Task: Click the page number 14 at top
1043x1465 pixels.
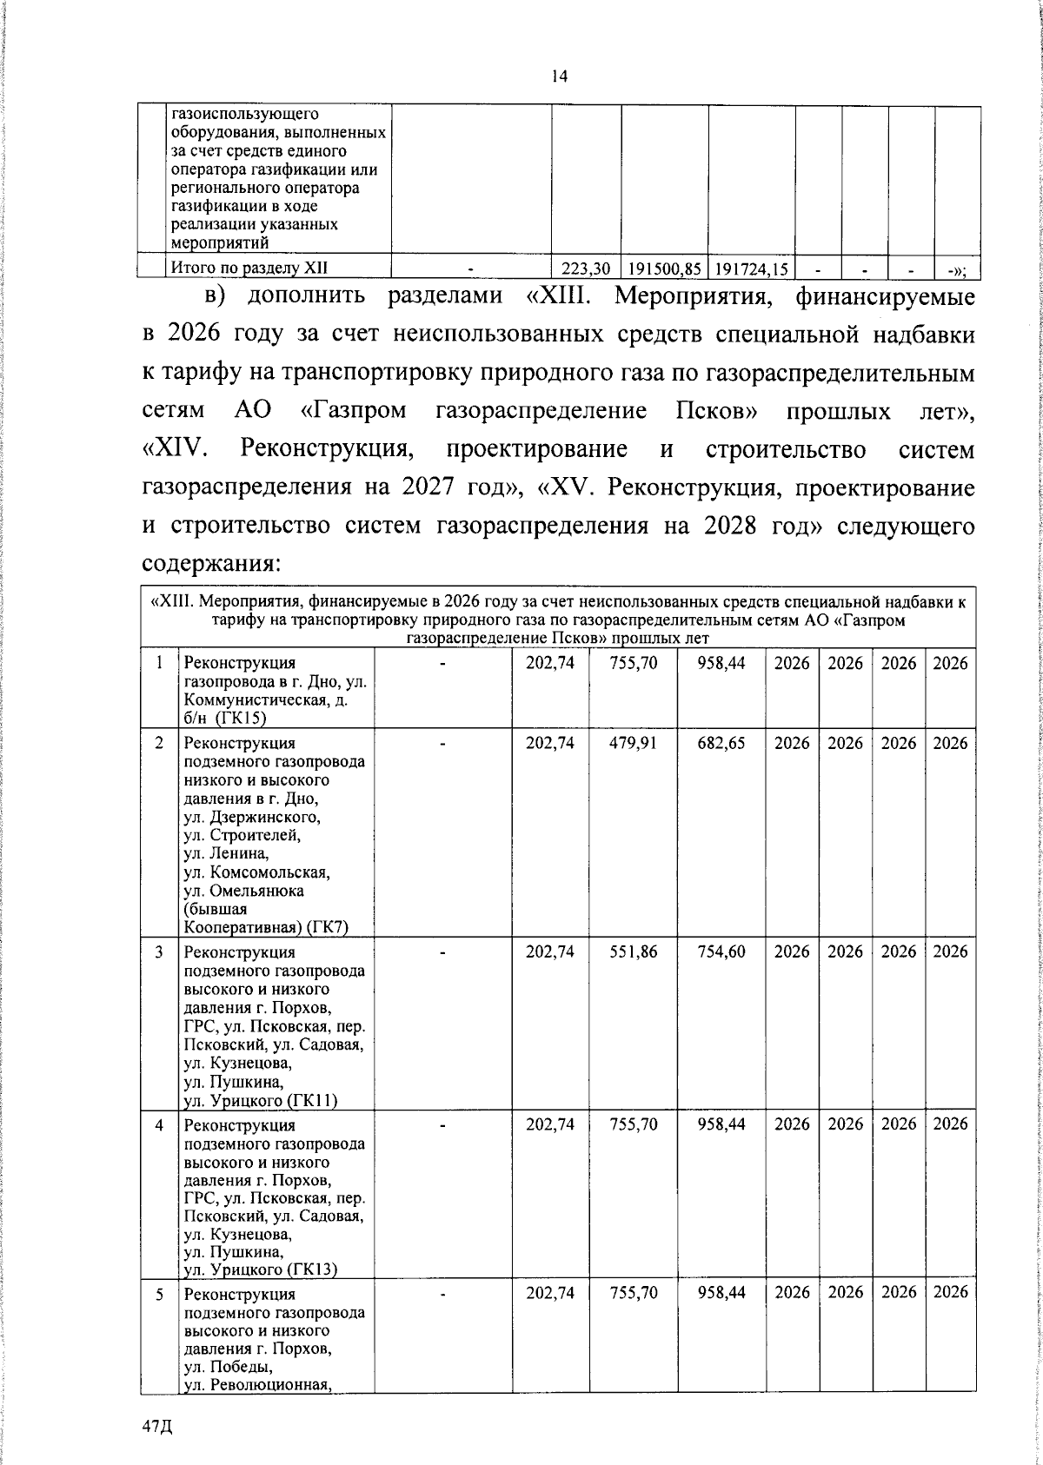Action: pyautogui.click(x=559, y=76)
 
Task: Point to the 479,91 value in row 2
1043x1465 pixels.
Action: pyautogui.click(x=633, y=743)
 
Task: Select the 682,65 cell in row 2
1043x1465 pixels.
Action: pyautogui.click(x=721, y=743)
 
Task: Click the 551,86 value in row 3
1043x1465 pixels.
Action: pyautogui.click(x=633, y=951)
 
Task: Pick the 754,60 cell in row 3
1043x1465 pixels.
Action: pyautogui.click(x=721, y=951)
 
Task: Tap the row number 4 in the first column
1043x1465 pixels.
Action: pyautogui.click(x=160, y=1124)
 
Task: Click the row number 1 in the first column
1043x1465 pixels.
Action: pyautogui.click(x=160, y=663)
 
